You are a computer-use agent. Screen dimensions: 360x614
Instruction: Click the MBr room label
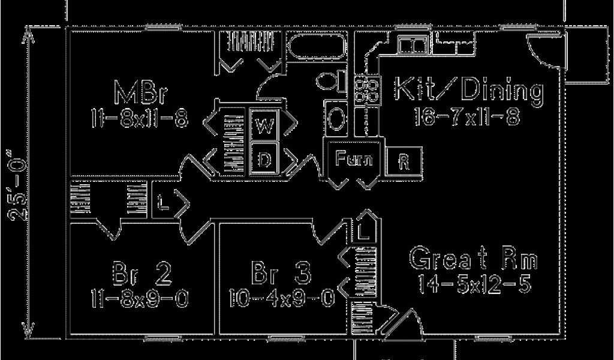141,94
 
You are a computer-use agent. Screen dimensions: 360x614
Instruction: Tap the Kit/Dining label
468,91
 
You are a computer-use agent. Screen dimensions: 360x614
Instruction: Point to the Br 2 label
142,275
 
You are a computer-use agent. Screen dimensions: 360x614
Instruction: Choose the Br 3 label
281,275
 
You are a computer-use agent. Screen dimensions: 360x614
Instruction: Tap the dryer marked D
264,159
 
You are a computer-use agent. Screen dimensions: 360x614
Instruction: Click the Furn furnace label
354,159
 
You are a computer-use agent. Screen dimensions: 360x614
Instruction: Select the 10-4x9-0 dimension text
281,298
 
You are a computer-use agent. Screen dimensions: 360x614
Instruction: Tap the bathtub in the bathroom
316,46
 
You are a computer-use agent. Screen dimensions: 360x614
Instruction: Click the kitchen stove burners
365,90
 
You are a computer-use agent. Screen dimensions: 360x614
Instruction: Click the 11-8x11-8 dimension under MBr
141,118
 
